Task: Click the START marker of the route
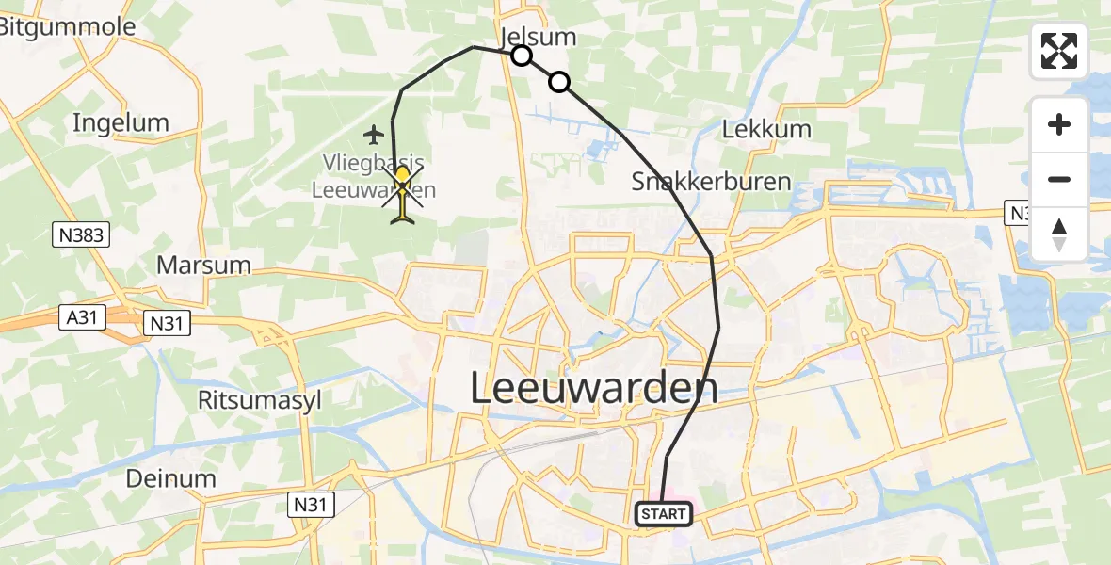tap(665, 514)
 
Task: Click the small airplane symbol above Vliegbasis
tap(375, 133)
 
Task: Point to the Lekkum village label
tap(765, 130)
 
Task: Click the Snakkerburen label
tap(711, 181)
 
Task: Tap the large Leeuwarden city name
tap(593, 388)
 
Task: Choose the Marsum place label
tap(203, 265)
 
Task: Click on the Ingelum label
tap(121, 122)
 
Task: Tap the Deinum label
tap(171, 478)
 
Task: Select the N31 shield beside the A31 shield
tap(166, 324)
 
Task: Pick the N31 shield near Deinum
tap(310, 506)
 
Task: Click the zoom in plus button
tap(1059, 125)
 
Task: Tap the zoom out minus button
tap(1059, 179)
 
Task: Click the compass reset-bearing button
tap(1059, 233)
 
